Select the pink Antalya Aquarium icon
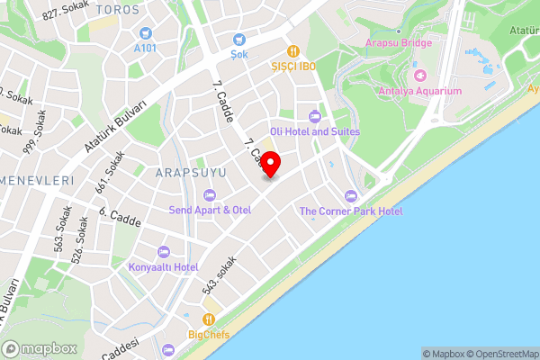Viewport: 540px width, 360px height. [419, 74]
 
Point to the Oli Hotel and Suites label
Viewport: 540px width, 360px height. [321, 131]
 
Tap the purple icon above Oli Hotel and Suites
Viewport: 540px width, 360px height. [314, 115]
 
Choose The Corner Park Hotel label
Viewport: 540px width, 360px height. [351, 211]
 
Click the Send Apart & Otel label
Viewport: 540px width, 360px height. [210, 210]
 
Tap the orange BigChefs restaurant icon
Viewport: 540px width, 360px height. [209, 319]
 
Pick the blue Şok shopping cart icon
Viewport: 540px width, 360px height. [238, 39]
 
